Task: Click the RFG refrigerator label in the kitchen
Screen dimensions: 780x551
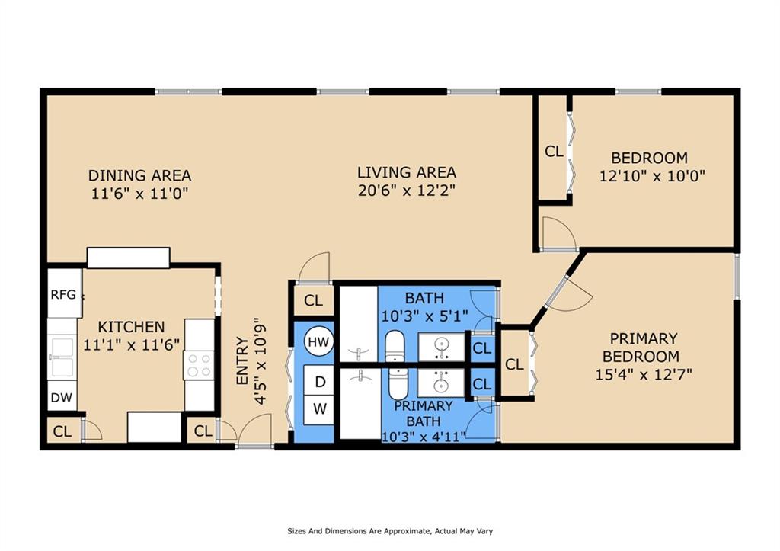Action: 63,295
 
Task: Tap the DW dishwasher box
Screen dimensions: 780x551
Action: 62,397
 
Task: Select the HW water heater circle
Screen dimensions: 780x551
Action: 318,341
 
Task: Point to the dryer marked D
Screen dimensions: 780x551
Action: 319,381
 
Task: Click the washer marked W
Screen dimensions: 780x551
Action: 319,410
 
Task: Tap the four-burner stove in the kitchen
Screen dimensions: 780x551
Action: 199,365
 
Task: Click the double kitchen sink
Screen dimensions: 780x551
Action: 62,358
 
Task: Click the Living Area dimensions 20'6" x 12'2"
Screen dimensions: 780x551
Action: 407,190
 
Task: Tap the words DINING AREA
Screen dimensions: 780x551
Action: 140,176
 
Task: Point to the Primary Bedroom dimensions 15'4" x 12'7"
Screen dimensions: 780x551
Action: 644,373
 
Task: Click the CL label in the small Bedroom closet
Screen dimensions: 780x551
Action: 554,152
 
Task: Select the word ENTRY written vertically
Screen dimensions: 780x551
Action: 242,361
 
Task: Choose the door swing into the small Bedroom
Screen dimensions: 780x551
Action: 558,232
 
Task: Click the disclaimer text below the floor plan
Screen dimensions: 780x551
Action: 390,531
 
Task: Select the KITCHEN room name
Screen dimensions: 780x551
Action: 131,327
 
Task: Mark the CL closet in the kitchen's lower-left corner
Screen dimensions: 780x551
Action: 62,431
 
